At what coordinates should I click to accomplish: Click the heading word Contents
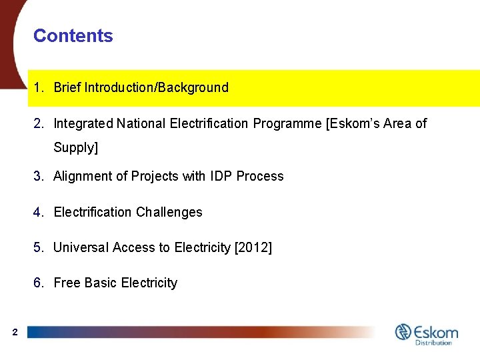pyautogui.click(x=73, y=36)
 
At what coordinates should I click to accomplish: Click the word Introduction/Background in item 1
pyautogui.click(x=156, y=87)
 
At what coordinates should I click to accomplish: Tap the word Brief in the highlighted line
pyautogui.click(x=67, y=87)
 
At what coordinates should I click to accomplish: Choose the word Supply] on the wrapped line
pyautogui.click(x=75, y=147)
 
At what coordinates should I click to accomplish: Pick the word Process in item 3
pyautogui.click(x=261, y=176)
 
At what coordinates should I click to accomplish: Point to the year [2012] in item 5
pyautogui.click(x=253, y=248)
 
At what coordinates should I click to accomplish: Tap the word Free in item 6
pyautogui.click(x=66, y=283)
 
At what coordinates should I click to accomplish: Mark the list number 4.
pyautogui.click(x=37, y=212)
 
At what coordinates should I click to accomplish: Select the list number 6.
pyautogui.click(x=37, y=283)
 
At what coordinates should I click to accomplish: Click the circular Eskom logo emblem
pyautogui.click(x=403, y=331)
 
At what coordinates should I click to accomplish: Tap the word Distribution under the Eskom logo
pyautogui.click(x=433, y=343)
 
